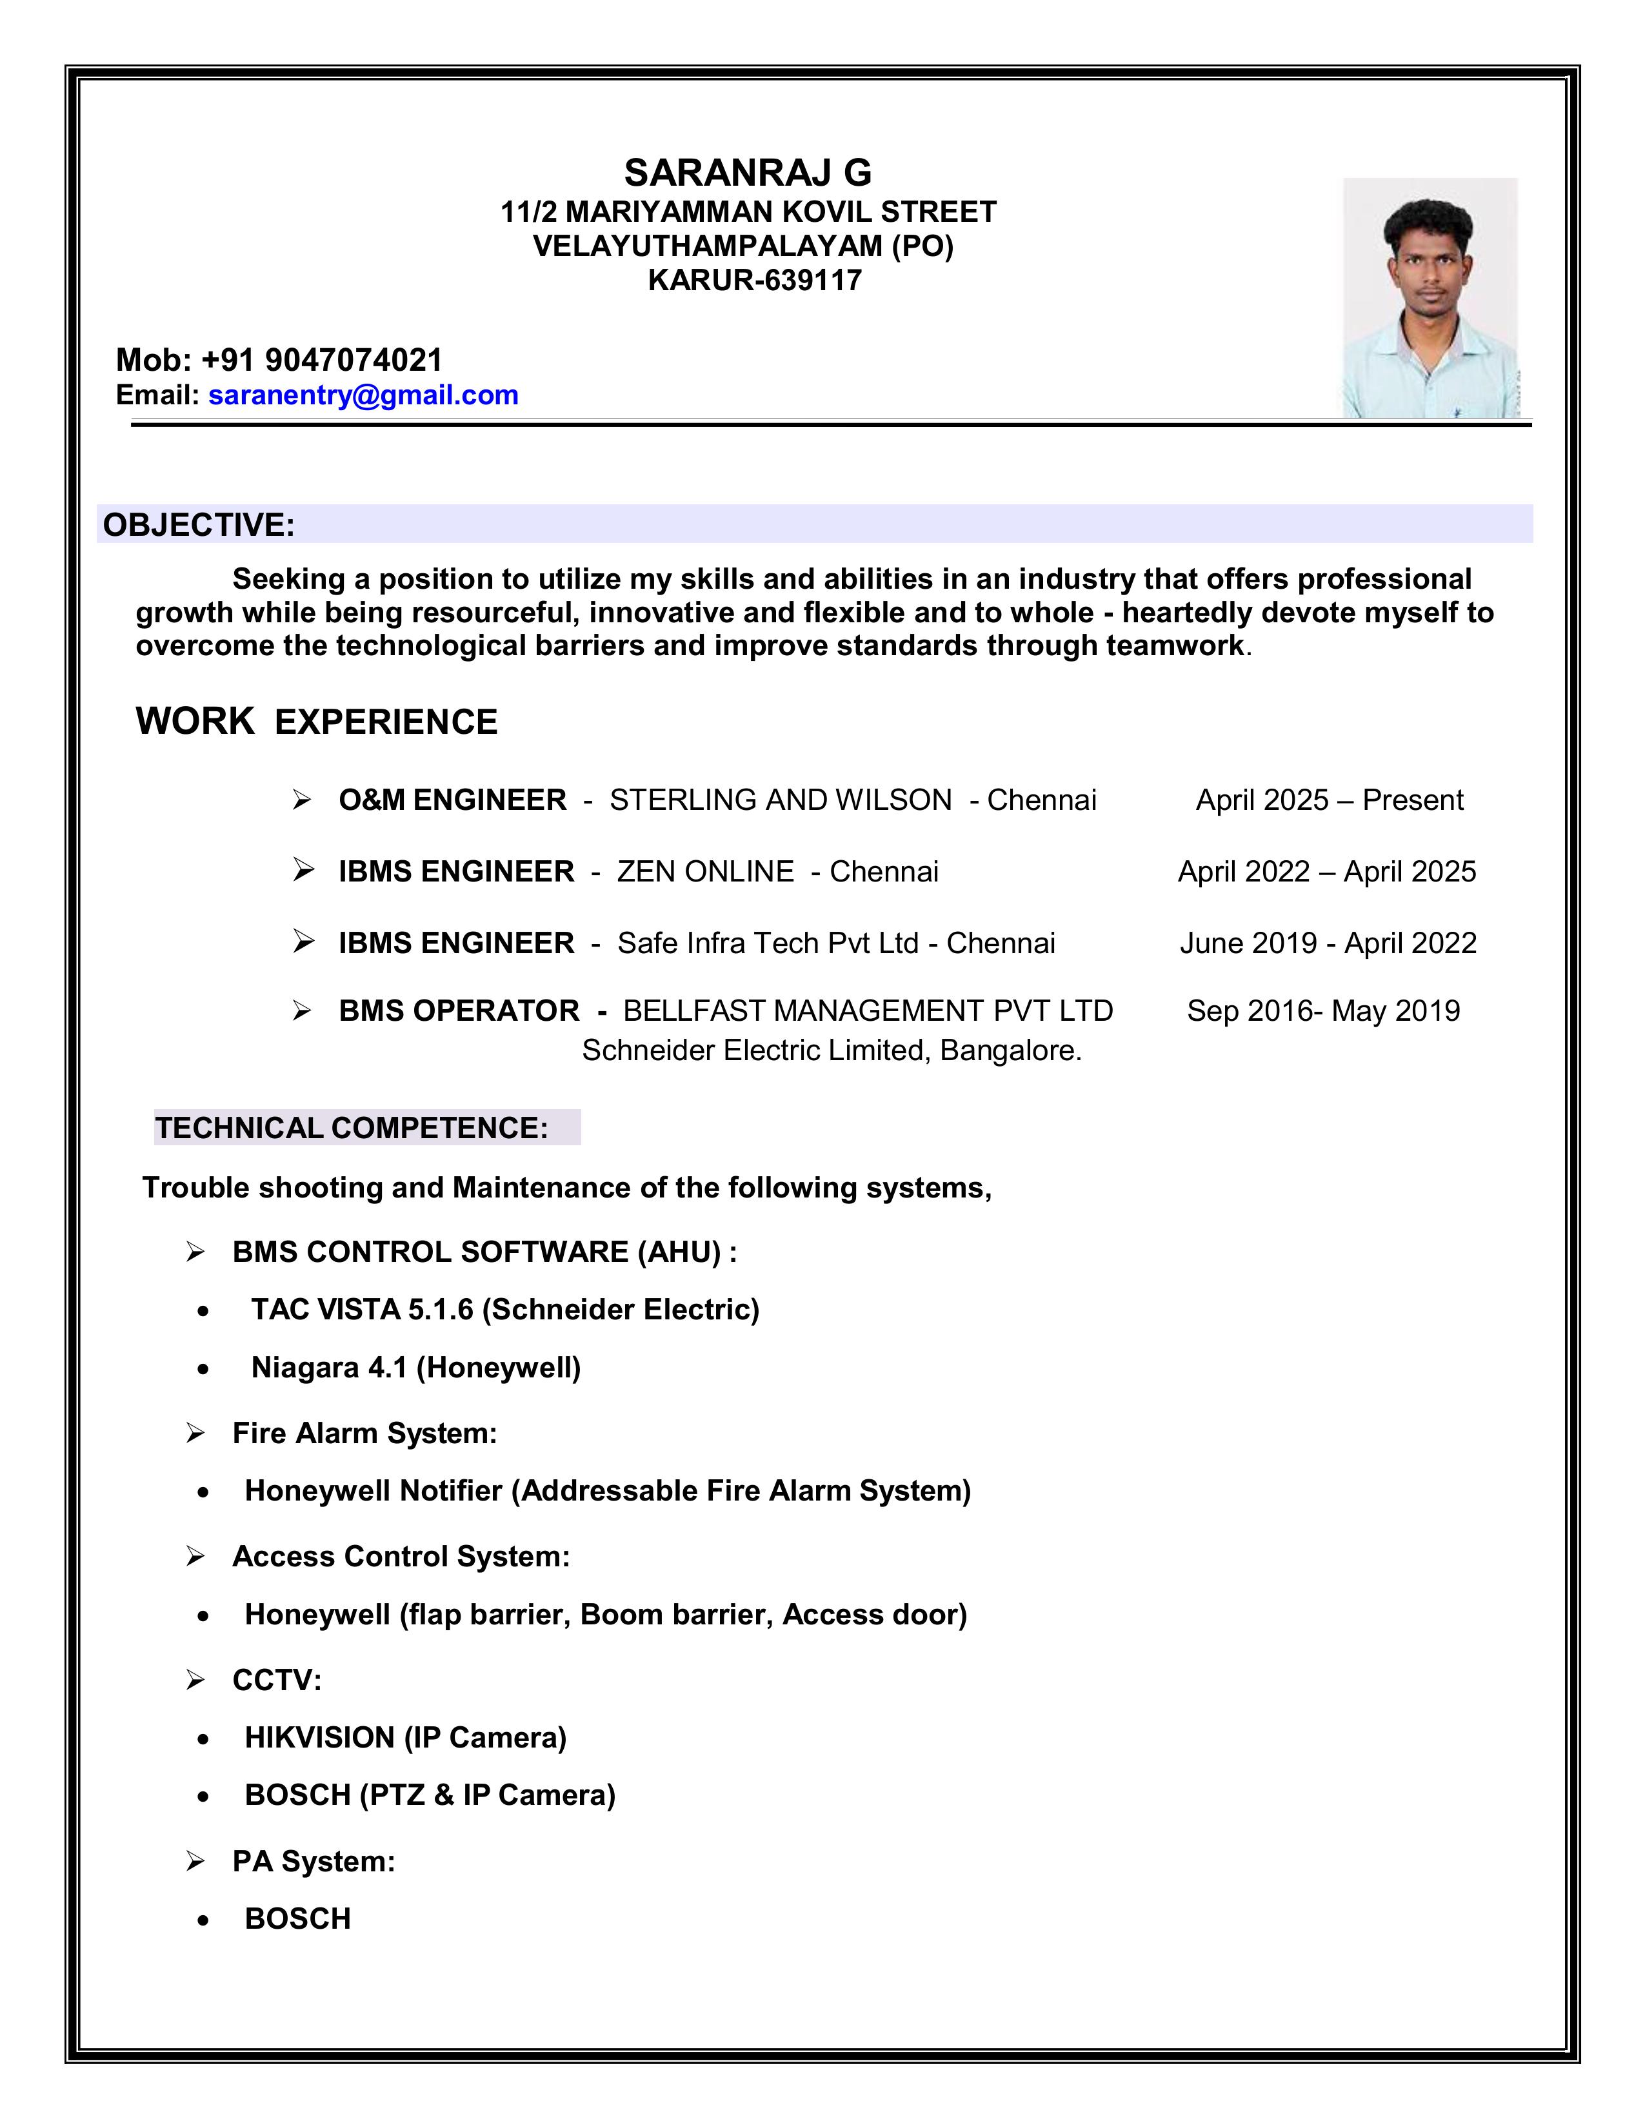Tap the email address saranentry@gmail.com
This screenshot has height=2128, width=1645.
[363, 395]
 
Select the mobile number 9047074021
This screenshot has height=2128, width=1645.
[354, 360]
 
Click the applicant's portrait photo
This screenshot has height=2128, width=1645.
[1430, 297]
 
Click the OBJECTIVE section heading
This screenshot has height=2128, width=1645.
[199, 524]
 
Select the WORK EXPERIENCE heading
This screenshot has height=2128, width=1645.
[317, 722]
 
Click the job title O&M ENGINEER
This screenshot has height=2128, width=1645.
[452, 800]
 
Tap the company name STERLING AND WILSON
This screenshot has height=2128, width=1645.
[781, 800]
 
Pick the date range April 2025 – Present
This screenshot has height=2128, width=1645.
[1330, 800]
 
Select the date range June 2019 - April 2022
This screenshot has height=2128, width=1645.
[1328, 943]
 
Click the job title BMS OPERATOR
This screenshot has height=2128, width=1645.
[459, 1010]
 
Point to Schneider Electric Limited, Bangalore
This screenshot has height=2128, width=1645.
[832, 1050]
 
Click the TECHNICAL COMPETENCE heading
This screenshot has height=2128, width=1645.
[352, 1127]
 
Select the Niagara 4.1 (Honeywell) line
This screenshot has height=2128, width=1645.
[415, 1367]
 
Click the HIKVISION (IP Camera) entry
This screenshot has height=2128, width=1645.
[405, 1737]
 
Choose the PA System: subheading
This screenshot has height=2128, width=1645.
[314, 1861]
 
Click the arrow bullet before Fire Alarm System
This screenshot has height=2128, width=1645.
[195, 1433]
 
